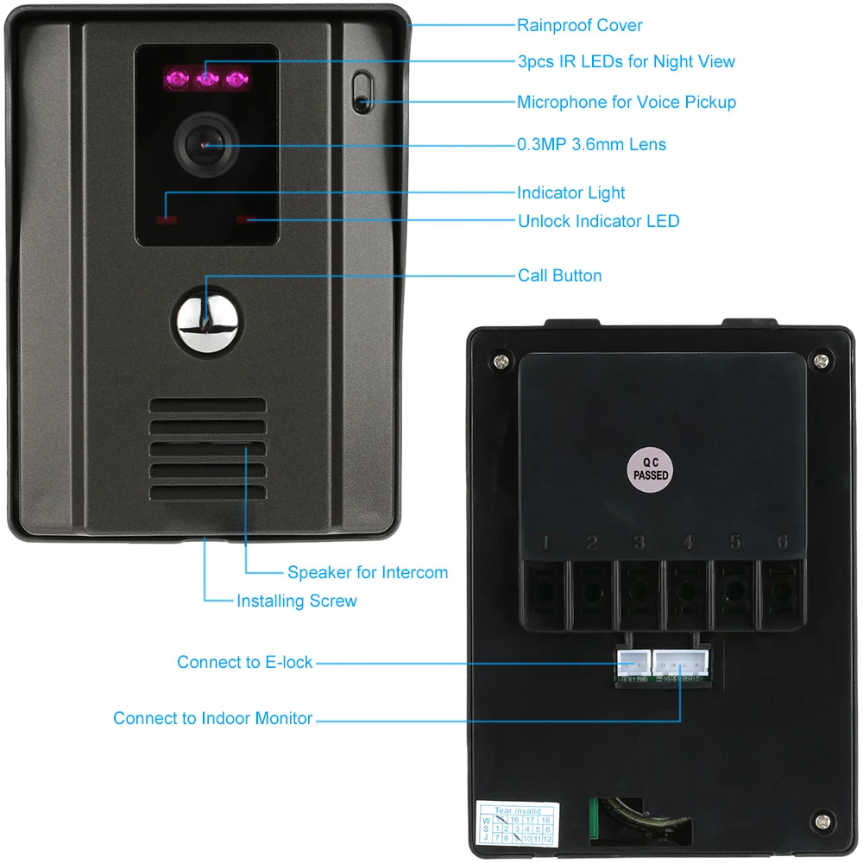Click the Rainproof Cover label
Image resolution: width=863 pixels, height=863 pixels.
579,25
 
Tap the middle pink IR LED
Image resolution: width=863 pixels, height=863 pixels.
206,79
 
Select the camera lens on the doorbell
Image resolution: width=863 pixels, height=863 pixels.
205,144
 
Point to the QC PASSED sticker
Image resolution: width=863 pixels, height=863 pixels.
650,468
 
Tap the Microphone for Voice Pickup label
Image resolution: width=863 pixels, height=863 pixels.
626,102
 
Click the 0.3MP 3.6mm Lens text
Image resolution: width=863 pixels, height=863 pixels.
591,144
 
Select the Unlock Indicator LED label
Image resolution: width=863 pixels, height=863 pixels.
598,221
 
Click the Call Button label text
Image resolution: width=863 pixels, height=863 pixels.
559,275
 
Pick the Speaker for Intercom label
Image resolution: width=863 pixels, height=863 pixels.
368,572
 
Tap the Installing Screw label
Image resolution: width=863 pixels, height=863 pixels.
296,601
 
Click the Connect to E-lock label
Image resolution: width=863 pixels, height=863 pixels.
244,662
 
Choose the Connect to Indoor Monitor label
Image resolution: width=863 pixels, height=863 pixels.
212,718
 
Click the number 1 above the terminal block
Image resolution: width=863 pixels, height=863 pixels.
545,544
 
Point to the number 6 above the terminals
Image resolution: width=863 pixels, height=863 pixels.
782,543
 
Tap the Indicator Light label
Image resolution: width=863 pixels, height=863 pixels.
570,192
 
